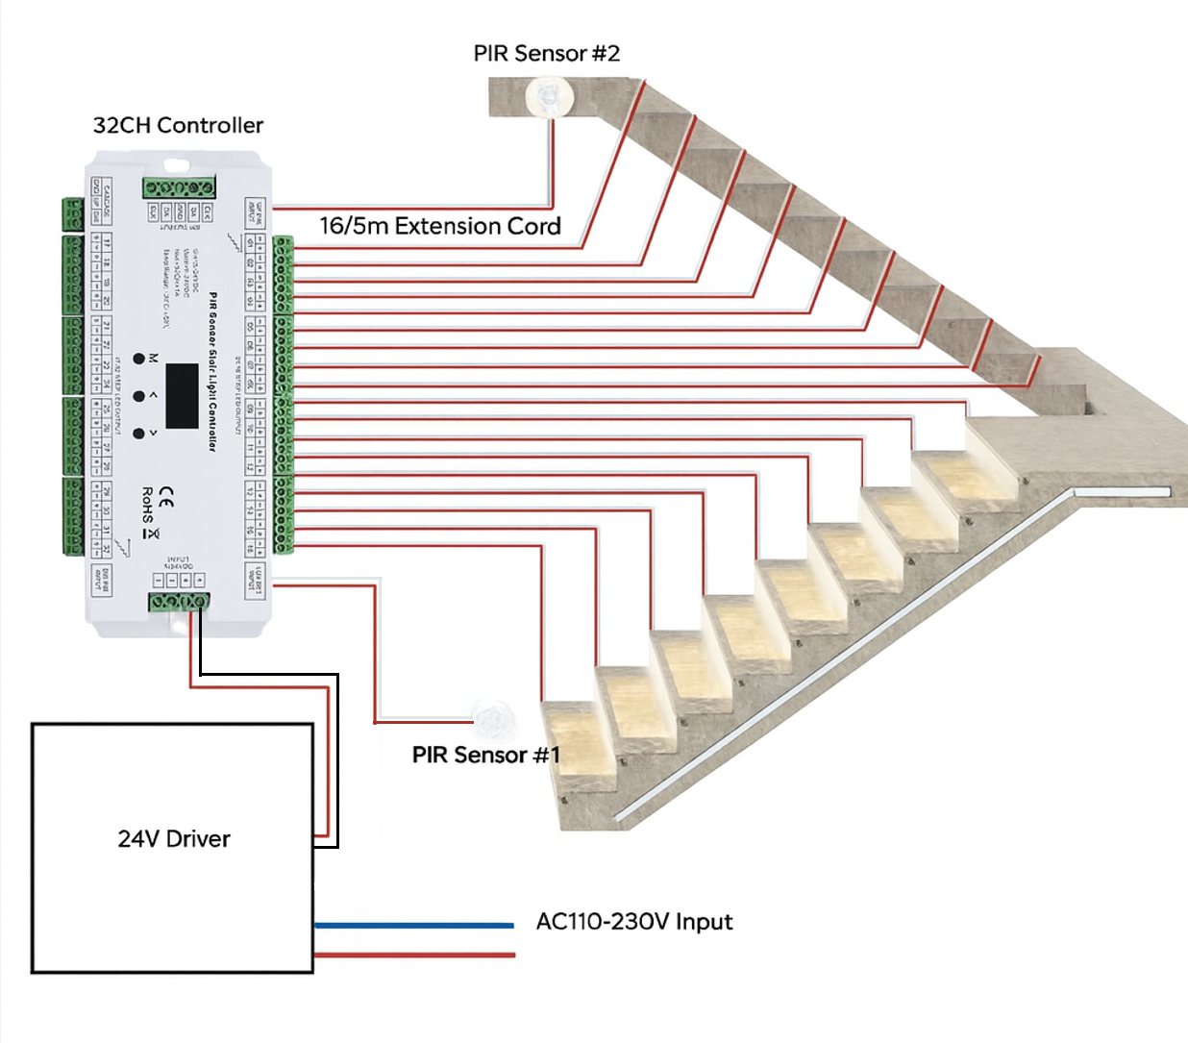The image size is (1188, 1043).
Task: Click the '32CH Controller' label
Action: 178,125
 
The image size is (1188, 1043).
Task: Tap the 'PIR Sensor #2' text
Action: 546,54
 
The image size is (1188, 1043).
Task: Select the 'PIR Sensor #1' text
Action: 485,756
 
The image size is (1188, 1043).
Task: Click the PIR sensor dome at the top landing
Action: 550,96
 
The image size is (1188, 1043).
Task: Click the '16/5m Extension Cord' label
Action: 439,226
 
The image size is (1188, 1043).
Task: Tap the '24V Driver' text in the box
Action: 174,839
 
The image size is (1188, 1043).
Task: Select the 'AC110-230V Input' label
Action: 633,922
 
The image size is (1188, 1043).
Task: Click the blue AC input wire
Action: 413,926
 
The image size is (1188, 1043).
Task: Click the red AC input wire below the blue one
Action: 413,955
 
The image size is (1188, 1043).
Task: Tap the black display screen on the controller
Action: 182,395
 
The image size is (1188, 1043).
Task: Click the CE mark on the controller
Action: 166,497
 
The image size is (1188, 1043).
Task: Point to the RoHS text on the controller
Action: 147,506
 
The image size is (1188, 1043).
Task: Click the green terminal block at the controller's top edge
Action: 179,187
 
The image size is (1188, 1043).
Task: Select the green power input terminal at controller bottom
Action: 179,602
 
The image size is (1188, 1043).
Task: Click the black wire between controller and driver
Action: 336,759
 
